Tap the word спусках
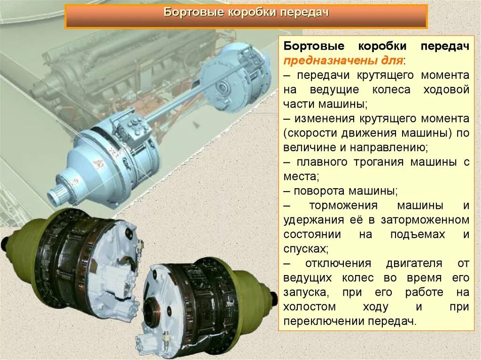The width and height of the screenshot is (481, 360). coord(304,249)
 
